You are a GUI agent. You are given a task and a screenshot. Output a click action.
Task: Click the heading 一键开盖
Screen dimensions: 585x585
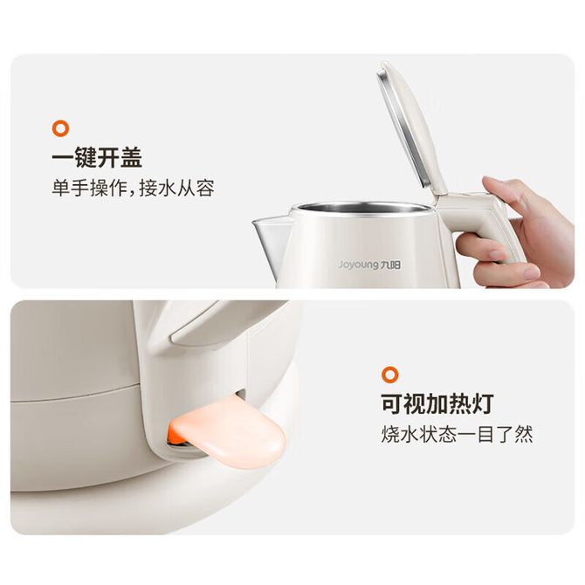coord(97,157)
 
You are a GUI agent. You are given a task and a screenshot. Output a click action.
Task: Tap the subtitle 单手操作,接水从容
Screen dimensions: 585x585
coord(134,188)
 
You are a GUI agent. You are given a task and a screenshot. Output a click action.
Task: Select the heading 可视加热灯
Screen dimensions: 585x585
coord(437,403)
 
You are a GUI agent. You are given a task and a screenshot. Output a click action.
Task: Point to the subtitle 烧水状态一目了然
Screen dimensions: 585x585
coord(457,434)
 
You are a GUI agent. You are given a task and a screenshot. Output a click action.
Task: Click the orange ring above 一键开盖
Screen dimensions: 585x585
coord(60,128)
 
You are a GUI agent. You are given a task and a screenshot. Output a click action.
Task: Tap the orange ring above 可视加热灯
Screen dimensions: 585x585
coord(390,375)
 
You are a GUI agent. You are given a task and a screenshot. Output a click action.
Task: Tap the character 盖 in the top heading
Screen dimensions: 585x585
coord(131,157)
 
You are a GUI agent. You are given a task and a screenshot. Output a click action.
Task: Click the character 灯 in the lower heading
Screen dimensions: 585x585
coord(483,403)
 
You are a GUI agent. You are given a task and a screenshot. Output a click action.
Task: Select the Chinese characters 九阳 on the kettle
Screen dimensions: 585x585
coord(390,265)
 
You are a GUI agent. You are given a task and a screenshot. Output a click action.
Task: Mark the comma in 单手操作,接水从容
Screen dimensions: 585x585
coord(132,194)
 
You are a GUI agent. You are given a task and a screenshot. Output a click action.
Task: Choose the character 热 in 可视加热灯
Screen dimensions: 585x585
coord(460,403)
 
